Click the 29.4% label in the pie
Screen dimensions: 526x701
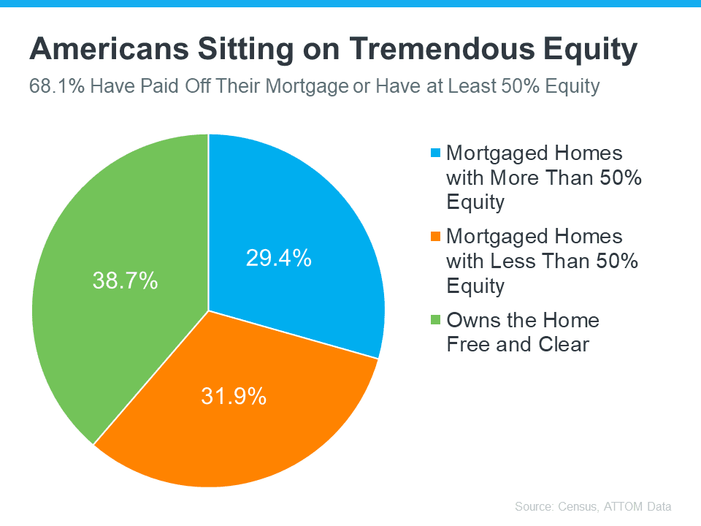278,258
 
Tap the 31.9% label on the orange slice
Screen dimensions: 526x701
234,396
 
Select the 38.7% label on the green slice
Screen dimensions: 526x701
125,280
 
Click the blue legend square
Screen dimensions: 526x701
436,153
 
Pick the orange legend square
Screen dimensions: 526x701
436,237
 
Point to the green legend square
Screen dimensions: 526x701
436,320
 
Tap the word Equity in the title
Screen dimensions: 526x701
591,50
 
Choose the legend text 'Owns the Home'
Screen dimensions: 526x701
522,320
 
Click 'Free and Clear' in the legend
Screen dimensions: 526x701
517,344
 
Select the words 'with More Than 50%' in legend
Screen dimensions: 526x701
543,177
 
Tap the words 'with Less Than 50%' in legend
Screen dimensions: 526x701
542,260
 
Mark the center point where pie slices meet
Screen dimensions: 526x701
209,310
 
